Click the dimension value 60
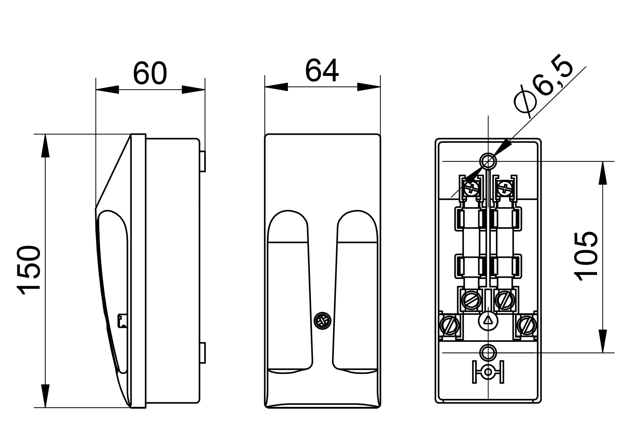tap(150, 73)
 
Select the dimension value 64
tap(322, 70)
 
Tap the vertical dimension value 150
tap(29, 270)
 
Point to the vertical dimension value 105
tap(587, 256)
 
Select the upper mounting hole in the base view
tap(488, 161)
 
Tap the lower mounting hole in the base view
tap(488, 352)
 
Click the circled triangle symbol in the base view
tap(488, 320)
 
